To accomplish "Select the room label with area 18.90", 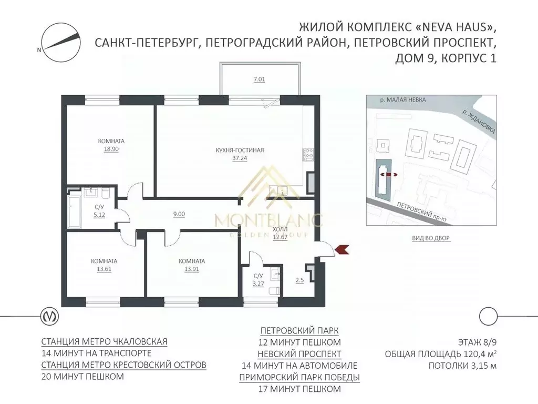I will click(111, 145).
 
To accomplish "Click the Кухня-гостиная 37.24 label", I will click(239, 154).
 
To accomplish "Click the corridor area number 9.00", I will click(179, 214).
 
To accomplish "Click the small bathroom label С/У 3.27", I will click(258, 280).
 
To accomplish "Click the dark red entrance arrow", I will click(342, 249).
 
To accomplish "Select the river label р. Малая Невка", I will click(403, 99).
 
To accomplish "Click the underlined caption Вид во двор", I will click(432, 238).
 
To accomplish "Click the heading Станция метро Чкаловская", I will click(104, 341).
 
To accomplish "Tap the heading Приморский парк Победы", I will click(299, 377).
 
